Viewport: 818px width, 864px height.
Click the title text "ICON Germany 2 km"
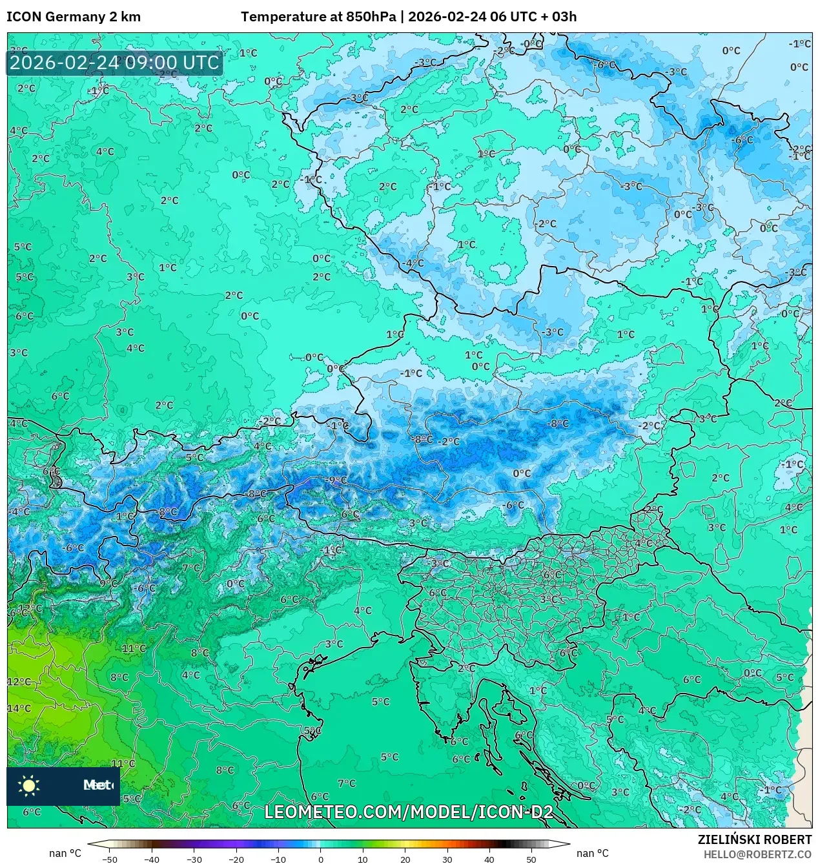pyautogui.click(x=74, y=17)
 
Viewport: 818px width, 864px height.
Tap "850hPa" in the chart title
pyautogui.click(x=371, y=17)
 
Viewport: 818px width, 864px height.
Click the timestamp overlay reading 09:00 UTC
pyautogui.click(x=114, y=63)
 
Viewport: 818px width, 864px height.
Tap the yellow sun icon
pyautogui.click(x=29, y=785)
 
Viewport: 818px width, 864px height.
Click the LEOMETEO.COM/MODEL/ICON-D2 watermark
pyautogui.click(x=409, y=812)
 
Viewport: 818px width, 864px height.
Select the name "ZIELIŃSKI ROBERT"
pyautogui.click(x=754, y=839)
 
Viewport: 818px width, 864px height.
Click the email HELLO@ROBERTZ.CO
pyautogui.click(x=757, y=854)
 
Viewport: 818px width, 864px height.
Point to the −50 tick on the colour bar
pyautogui.click(x=110, y=859)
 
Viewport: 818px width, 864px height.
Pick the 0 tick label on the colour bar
pyautogui.click(x=320, y=859)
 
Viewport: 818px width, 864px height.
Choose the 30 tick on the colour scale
pyautogui.click(x=447, y=859)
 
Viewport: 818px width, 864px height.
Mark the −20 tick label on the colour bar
pyautogui.click(x=236, y=859)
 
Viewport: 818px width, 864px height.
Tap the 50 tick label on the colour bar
pyautogui.click(x=531, y=859)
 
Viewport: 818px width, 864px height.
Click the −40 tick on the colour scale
pyautogui.click(x=152, y=859)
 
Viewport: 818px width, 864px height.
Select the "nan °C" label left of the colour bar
pyautogui.click(x=65, y=853)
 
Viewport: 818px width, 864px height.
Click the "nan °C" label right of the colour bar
pyautogui.click(x=592, y=853)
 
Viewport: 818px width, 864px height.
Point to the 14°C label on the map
pyautogui.click(x=19, y=708)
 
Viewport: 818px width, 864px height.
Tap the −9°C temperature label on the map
pyautogui.click(x=336, y=480)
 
